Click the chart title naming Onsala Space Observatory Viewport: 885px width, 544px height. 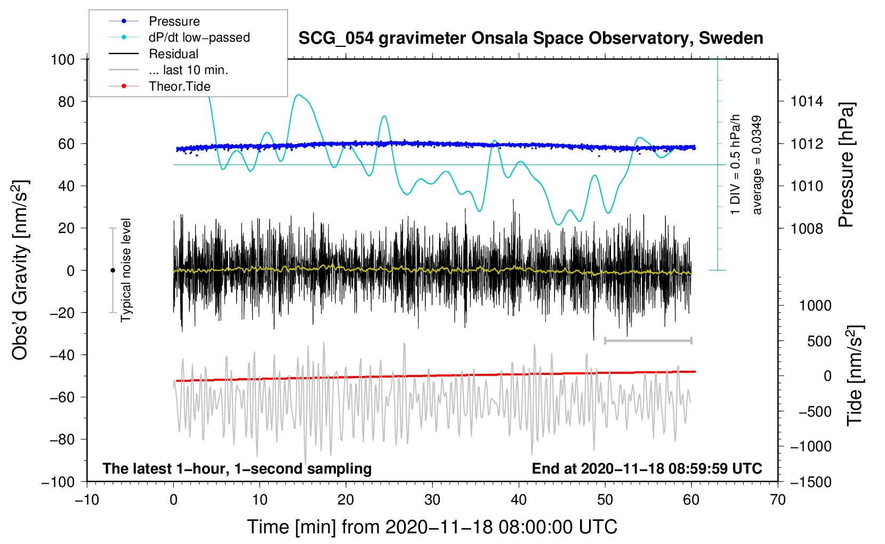(530, 38)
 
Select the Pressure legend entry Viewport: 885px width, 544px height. (174, 21)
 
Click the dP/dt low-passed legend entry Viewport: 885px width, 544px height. (199, 37)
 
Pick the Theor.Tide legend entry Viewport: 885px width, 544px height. (179, 86)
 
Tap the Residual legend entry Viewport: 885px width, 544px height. (173, 54)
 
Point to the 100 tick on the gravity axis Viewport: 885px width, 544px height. (63, 59)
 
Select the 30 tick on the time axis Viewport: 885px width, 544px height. (432, 500)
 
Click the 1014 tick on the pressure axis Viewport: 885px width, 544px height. (807, 101)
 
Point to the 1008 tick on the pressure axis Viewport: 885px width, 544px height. (807, 228)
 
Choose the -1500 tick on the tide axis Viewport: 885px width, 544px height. (810, 482)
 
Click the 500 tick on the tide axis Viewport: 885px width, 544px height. (819, 341)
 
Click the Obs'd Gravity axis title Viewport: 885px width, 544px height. (20, 270)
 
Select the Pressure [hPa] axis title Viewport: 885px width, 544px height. (846, 165)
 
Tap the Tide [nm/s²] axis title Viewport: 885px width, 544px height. (855, 375)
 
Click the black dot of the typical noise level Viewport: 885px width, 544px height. (112, 270)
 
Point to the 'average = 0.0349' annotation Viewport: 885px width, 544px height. (757, 165)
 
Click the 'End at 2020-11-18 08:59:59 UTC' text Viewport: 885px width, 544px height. (647, 468)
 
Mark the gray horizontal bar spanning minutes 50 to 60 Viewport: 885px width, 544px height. (648, 340)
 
